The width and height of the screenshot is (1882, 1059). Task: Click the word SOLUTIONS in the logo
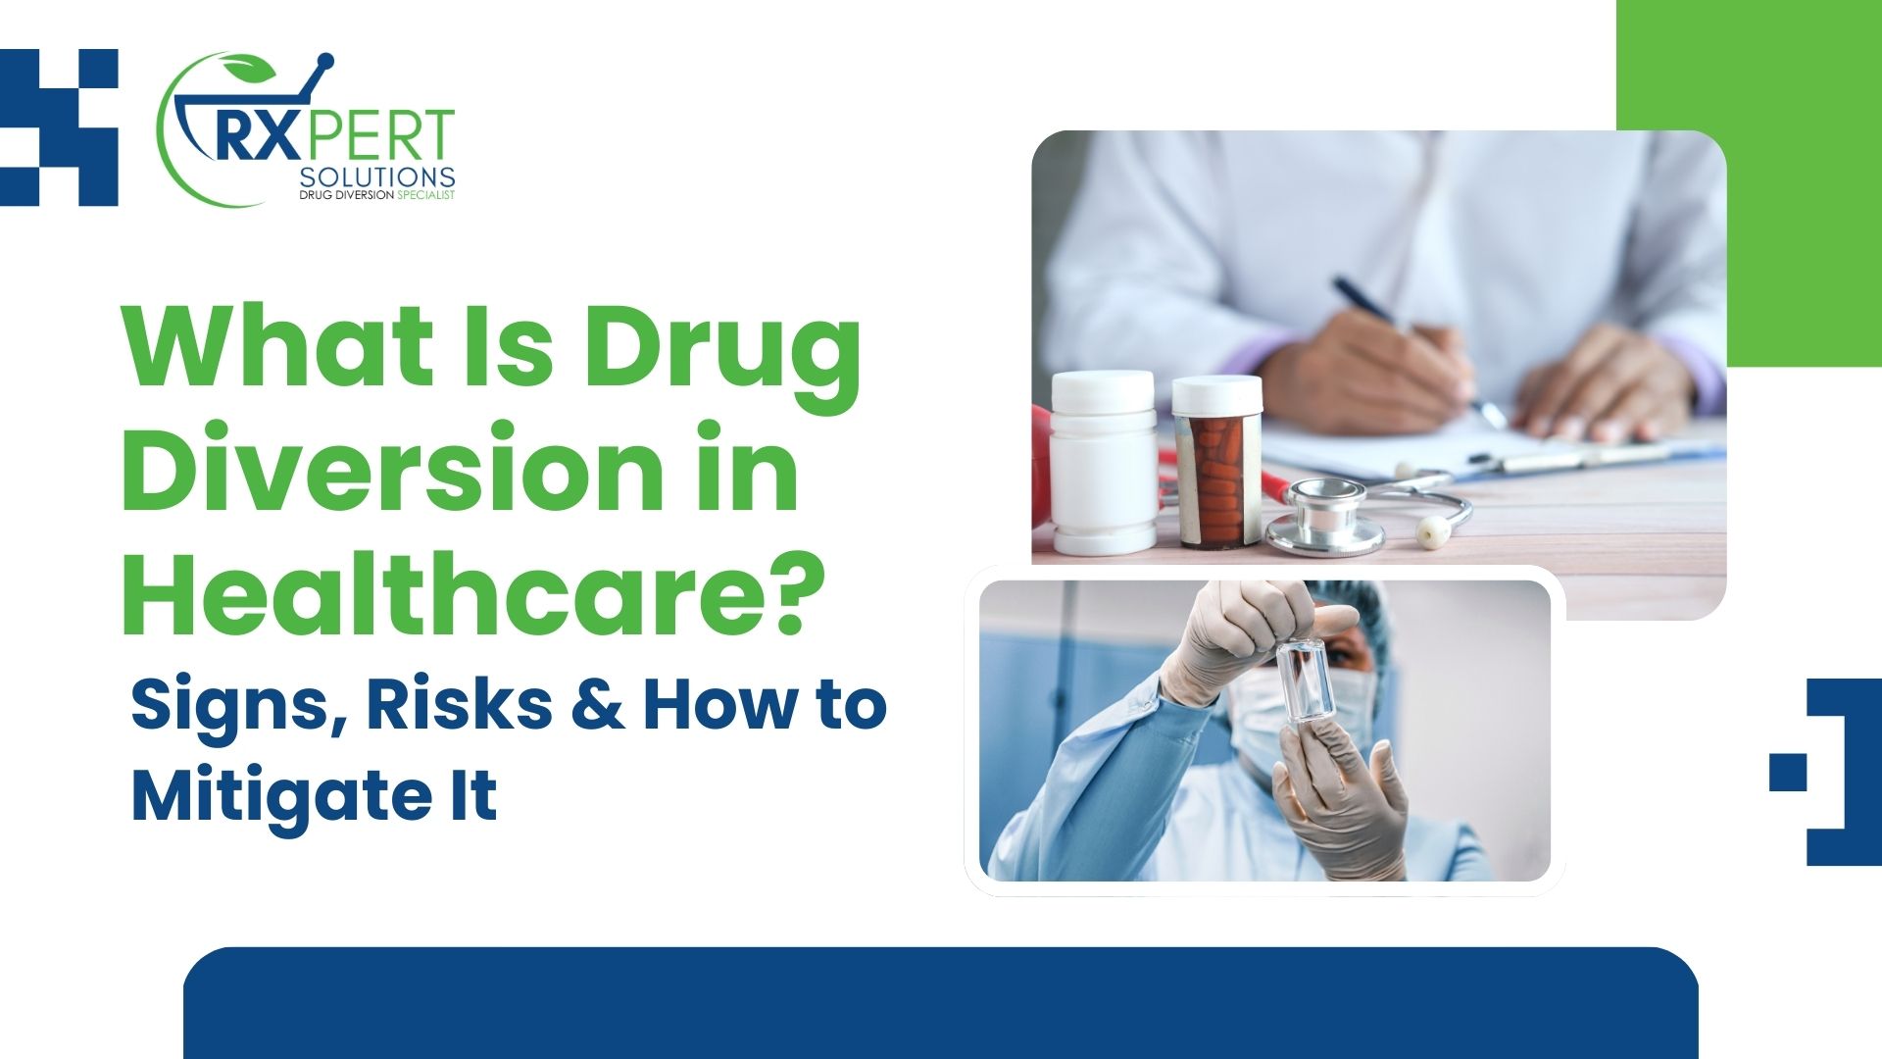pos(377,177)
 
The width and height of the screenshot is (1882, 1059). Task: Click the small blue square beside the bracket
pos(1788,772)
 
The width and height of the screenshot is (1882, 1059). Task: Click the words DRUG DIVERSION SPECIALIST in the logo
pos(377,195)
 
